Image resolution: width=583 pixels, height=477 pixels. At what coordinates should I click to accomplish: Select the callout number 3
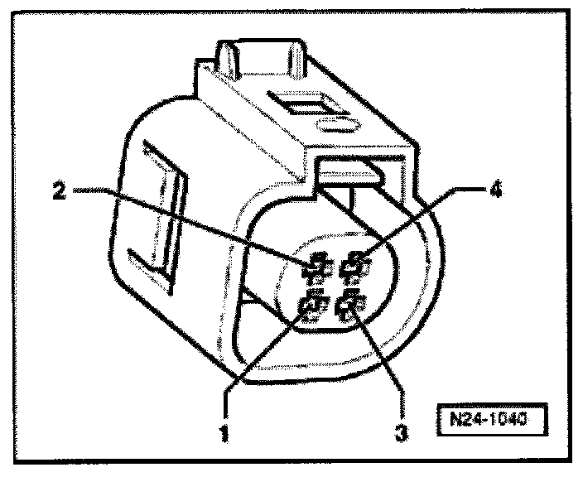point(401,431)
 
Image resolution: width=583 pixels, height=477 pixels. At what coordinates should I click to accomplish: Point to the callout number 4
point(494,190)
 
